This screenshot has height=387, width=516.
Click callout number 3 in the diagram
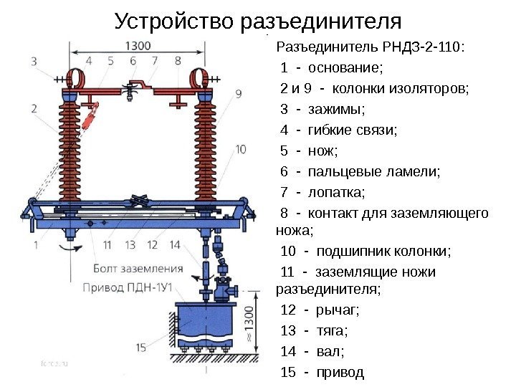click(34, 62)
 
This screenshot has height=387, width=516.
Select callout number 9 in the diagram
click(238, 93)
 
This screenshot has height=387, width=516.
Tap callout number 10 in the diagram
click(240, 149)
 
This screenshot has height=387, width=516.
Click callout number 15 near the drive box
click(140, 348)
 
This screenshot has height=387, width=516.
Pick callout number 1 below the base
click(35, 244)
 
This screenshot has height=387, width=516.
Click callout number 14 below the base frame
click(175, 244)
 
